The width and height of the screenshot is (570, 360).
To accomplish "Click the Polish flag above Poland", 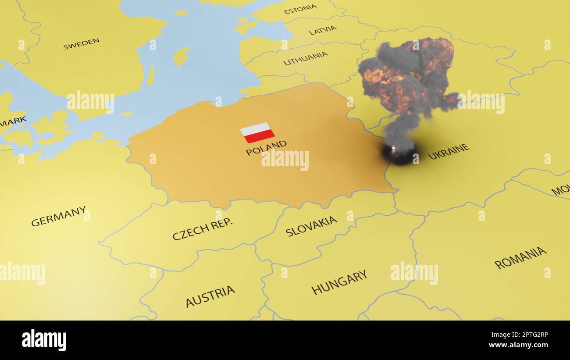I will click(257, 132).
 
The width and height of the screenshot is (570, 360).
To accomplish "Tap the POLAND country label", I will click(266, 148).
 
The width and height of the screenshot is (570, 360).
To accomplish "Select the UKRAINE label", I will click(449, 152).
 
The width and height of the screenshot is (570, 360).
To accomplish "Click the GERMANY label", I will click(58, 216).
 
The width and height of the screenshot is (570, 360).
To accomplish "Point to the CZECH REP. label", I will click(202, 229).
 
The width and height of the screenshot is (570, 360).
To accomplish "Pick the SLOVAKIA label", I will click(311, 226).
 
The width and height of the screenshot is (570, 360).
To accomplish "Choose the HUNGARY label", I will click(339, 282).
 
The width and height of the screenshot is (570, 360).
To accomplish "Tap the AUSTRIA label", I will click(210, 296).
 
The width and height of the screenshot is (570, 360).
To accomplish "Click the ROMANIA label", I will click(520, 258).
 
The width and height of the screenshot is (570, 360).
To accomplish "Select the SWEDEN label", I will click(81, 44).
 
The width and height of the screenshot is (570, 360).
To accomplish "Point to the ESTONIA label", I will click(300, 9).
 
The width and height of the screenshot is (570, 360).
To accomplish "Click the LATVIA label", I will click(323, 30).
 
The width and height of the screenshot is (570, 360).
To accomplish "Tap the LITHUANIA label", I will click(306, 58).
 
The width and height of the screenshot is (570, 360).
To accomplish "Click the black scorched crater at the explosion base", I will click(398, 154).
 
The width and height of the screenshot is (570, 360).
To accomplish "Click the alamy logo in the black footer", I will click(44, 340).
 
